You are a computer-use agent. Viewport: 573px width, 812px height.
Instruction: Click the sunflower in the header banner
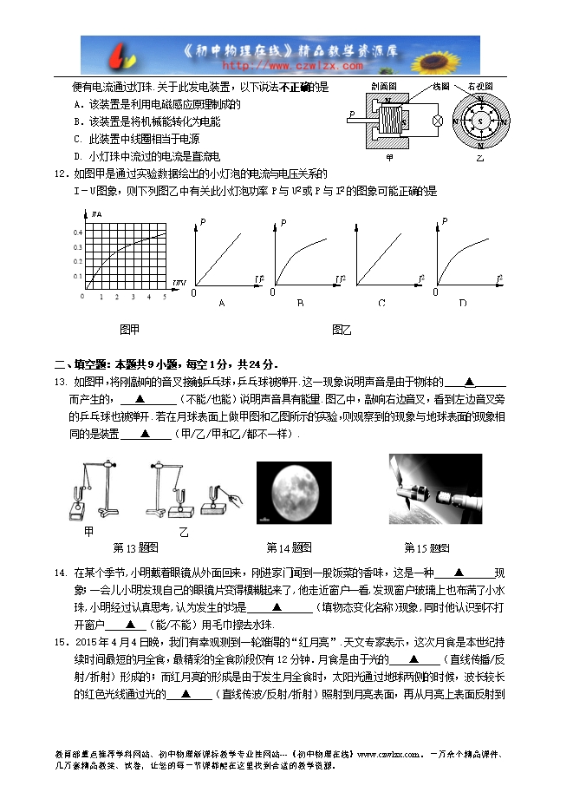(456, 55)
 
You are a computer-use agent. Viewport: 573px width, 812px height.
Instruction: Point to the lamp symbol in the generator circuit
(438, 120)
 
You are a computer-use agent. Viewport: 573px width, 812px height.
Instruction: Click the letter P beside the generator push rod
(351, 114)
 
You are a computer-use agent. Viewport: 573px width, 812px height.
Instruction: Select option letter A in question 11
(77, 105)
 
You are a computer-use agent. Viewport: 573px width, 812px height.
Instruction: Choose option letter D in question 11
(77, 156)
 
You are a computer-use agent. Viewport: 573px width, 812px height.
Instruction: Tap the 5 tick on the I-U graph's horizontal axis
(165, 298)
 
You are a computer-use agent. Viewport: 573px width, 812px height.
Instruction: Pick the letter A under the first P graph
(221, 303)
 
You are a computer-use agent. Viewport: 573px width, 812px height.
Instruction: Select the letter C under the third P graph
(381, 303)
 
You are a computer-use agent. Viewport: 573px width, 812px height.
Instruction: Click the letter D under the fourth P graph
(462, 303)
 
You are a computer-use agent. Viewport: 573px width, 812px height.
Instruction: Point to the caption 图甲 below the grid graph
(129, 330)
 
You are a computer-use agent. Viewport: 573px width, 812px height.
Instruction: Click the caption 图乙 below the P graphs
(342, 330)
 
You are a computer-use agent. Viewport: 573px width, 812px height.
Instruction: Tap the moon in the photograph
(295, 492)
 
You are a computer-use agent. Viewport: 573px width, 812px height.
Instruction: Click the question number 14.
(61, 573)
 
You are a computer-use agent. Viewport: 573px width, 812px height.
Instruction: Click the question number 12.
(61, 174)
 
